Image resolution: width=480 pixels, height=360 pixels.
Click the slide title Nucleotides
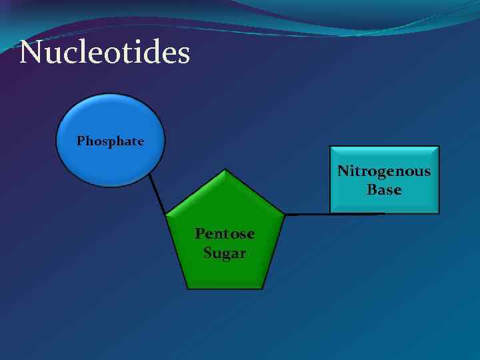tap(105, 53)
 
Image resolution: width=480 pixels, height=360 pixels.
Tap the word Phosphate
tap(110, 141)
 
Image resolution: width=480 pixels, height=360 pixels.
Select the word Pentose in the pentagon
tap(224, 234)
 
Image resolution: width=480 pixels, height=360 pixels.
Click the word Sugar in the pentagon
tap(224, 253)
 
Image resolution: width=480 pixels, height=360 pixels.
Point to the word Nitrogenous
tap(384, 171)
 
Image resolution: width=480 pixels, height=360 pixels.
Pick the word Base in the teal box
tap(384, 190)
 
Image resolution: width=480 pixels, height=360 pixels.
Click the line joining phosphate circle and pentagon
tap(157, 193)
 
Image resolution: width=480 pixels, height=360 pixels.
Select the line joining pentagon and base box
tap(333, 214)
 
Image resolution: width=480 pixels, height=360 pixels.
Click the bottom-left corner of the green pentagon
tap(187, 288)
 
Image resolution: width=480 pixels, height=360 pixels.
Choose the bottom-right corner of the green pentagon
tap(262, 288)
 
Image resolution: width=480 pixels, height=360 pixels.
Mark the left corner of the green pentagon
tap(165, 215)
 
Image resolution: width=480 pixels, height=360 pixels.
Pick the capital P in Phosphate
tap(81, 141)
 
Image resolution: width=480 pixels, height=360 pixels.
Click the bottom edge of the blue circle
tap(110, 186)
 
